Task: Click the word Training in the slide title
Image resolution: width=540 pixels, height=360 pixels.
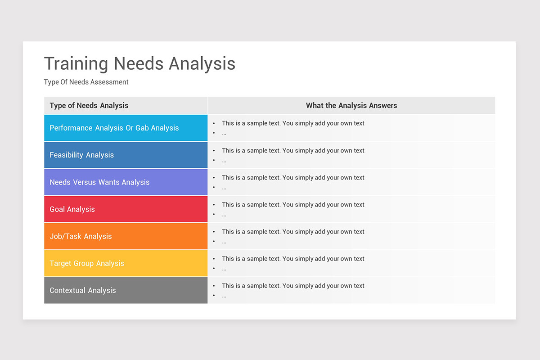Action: (x=76, y=64)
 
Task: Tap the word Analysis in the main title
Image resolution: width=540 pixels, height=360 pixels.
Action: (x=202, y=64)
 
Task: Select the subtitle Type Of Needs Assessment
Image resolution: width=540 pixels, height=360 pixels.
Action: (x=86, y=82)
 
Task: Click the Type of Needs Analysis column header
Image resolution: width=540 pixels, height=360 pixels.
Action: (x=89, y=106)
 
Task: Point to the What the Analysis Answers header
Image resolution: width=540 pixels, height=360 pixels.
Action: (x=351, y=106)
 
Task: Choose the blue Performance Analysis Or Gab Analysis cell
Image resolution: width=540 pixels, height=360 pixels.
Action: (x=114, y=128)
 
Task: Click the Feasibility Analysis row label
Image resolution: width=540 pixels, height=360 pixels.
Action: (x=82, y=155)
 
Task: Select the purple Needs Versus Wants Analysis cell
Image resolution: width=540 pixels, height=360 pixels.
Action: (x=99, y=182)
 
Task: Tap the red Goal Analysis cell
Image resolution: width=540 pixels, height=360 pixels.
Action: (x=72, y=209)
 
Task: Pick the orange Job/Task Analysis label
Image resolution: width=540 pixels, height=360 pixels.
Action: (x=81, y=236)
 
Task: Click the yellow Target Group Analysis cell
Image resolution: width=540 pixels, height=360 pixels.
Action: (x=87, y=263)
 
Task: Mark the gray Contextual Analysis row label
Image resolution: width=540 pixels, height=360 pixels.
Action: (x=83, y=290)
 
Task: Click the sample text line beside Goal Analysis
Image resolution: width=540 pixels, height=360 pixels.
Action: (x=293, y=205)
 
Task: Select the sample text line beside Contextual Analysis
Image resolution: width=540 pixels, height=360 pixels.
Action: (x=293, y=286)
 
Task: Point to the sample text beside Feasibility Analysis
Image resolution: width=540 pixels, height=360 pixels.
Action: (x=293, y=151)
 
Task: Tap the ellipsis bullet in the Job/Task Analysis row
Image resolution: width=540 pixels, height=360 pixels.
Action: (x=224, y=242)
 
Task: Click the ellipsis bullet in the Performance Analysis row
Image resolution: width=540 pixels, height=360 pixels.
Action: (x=224, y=133)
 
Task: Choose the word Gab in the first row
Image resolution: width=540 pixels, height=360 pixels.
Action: (x=142, y=128)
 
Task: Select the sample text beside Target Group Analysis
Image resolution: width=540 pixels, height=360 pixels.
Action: (x=293, y=259)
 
